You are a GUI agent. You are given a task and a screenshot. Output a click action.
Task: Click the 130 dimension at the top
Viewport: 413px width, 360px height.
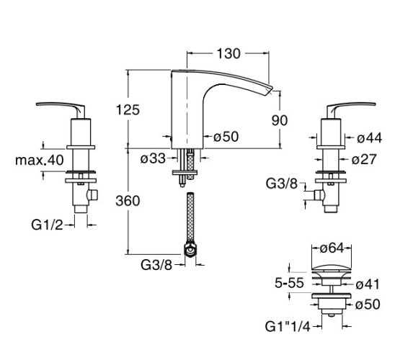pyautogui.click(x=228, y=54)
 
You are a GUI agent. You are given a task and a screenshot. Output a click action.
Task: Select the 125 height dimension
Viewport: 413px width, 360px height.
pyautogui.click(x=128, y=109)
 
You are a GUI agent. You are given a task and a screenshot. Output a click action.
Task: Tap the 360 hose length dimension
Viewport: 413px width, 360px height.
pyautogui.click(x=128, y=201)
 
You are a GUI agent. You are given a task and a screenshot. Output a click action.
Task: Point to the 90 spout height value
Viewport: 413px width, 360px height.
pyautogui.click(x=280, y=120)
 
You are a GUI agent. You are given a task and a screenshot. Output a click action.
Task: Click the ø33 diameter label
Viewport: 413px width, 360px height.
pyautogui.click(x=153, y=158)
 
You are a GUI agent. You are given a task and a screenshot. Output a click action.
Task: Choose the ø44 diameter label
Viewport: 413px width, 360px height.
pyautogui.click(x=370, y=138)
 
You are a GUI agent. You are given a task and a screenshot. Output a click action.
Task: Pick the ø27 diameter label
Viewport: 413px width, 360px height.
pyautogui.click(x=364, y=159)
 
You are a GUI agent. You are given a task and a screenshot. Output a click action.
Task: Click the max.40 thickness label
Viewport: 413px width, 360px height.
pyautogui.click(x=40, y=160)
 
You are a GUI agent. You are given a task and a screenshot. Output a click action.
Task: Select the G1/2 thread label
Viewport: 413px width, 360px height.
pyautogui.click(x=47, y=225)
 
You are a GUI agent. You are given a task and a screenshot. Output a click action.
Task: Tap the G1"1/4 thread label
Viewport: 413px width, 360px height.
pyautogui.click(x=288, y=327)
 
